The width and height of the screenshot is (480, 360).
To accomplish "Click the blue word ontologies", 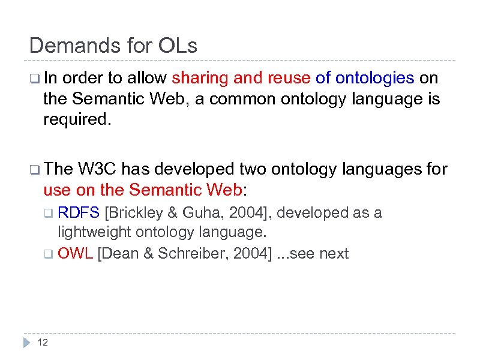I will click(374, 79).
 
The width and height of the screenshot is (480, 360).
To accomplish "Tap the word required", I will click(76, 119).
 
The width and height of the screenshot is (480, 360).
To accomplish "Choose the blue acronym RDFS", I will click(79, 213).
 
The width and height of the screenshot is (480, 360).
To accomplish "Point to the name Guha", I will click(202, 213).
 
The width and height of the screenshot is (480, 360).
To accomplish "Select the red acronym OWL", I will click(75, 253).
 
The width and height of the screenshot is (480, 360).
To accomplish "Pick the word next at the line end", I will click(334, 253).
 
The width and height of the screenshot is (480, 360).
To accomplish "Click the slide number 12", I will click(43, 343).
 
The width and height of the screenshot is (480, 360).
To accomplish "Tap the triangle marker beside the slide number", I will click(26, 343).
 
